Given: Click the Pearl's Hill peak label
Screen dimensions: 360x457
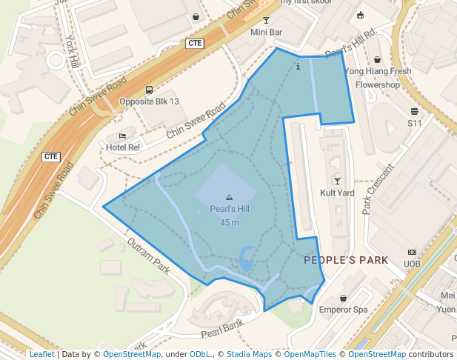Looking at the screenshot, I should point(228,209).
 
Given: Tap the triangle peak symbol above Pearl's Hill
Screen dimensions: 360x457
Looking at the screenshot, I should point(228,197).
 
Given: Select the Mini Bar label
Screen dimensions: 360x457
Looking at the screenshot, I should point(267,33).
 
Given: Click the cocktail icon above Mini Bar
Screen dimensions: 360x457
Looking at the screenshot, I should point(267,21).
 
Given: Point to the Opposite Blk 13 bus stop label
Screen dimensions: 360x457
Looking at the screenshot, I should point(149,101).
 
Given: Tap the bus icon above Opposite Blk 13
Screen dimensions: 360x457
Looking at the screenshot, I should point(149,90).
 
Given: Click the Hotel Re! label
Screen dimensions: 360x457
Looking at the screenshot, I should point(123,147).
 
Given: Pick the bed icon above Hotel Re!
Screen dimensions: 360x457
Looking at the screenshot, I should point(123,136).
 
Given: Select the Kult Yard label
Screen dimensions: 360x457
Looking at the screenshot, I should point(337,193).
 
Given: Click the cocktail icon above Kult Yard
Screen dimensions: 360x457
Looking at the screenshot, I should point(337,181).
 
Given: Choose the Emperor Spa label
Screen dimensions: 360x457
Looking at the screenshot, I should point(343,310).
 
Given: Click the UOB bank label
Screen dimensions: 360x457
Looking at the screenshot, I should point(412,264).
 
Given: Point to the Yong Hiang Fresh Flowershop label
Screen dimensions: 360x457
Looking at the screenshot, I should point(378,78).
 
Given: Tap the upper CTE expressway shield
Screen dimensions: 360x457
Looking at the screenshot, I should point(196,43).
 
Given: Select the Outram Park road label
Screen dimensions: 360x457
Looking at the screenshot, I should point(149,255).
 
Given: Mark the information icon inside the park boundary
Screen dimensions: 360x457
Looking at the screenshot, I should point(298,67).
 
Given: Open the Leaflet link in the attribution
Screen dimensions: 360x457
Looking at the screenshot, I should point(41,354).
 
